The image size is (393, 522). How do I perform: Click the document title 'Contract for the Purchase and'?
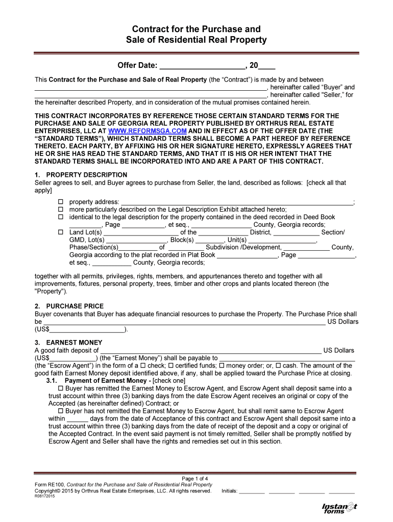pos(196,29)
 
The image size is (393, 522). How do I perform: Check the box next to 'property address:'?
pos(59,202)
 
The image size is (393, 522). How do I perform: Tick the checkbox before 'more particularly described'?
pos(59,210)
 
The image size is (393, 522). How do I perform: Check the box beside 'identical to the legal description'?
pos(59,217)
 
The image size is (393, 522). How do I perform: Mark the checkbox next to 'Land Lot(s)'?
pos(59,232)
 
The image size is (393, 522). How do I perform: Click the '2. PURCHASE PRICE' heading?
pos(69,306)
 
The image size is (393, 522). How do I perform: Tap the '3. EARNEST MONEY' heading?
pos(68,343)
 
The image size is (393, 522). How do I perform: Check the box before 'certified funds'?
pos(171,366)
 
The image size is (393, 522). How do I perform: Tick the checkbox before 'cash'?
pos(278,366)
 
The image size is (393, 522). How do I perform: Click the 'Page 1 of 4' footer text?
pos(195,478)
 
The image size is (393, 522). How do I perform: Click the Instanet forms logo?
pos(339,508)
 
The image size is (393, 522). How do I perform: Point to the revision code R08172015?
pos(45,497)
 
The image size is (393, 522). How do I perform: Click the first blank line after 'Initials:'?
pos(252,492)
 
